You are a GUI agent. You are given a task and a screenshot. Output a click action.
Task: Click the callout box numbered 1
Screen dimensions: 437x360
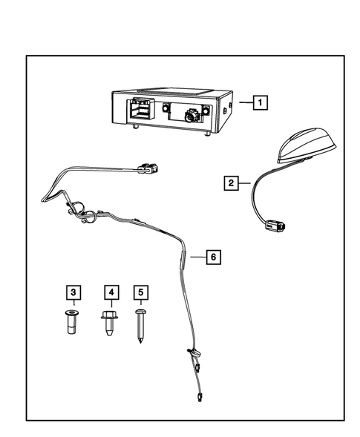coord(259,102)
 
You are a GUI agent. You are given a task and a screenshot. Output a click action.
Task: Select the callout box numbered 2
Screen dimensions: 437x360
coord(232,182)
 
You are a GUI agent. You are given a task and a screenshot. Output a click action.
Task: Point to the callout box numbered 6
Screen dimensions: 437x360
coord(213,257)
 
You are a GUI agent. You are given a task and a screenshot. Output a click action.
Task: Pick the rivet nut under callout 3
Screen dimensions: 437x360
coord(71,323)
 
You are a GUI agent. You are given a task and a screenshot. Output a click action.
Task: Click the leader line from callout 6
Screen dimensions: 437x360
coord(196,257)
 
